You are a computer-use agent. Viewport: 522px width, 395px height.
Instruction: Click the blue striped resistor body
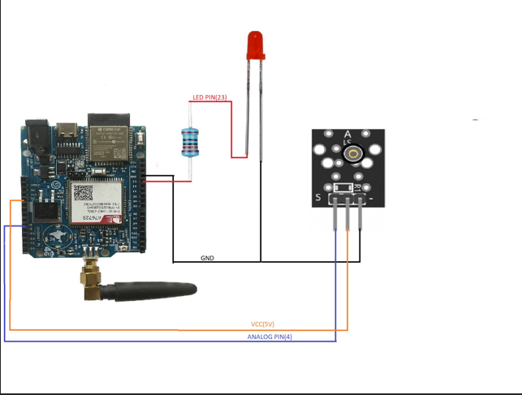point(189,143)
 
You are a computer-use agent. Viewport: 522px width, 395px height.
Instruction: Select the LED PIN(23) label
point(209,99)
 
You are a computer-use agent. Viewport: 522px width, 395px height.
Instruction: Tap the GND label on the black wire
point(208,258)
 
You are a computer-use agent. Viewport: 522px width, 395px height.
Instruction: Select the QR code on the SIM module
point(84,192)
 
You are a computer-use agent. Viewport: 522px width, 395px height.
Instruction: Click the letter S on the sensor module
point(318,197)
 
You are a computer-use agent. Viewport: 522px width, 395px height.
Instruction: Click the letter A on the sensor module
point(348,135)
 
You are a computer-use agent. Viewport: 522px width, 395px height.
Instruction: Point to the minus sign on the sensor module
point(372,197)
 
